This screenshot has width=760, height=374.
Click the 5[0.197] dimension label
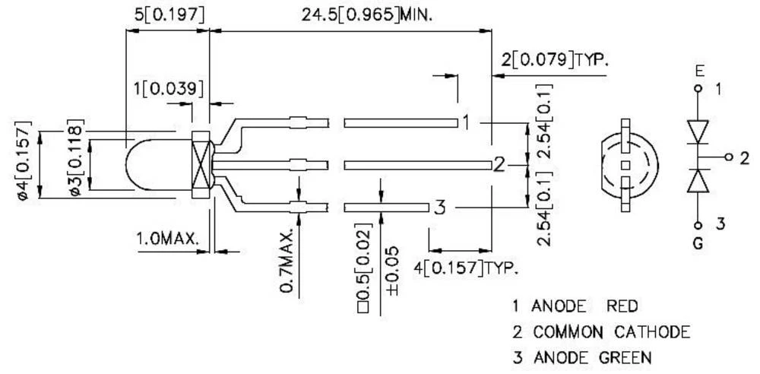[166, 14]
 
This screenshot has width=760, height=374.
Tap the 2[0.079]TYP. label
[555, 60]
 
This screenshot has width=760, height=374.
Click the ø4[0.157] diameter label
[22, 160]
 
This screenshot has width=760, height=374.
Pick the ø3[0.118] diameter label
[74, 160]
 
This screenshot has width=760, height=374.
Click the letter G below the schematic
[698, 244]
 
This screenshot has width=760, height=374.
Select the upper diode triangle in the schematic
[698, 130]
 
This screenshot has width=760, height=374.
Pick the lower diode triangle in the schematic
[698, 181]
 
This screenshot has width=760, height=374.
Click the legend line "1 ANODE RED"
[575, 306]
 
